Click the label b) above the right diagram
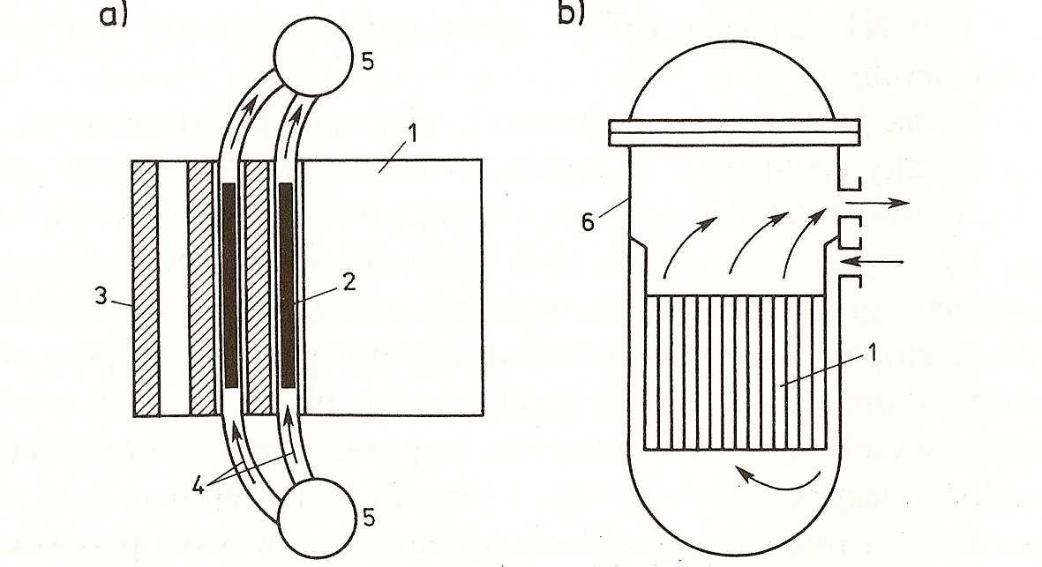click(x=571, y=12)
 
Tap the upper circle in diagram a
click(x=314, y=56)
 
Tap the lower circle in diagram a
click(x=317, y=518)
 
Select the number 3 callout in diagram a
click(x=101, y=296)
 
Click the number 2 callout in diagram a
click(x=349, y=283)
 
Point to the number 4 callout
click(x=198, y=486)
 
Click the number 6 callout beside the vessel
click(x=588, y=222)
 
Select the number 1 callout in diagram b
click(x=873, y=353)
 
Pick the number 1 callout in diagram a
click(x=413, y=133)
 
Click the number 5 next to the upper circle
click(x=368, y=62)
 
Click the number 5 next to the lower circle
click(x=369, y=518)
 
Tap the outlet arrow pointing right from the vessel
click(x=877, y=203)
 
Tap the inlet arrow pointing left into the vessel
click(x=872, y=261)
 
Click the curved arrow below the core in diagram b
click(x=777, y=480)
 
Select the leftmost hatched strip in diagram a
click(x=146, y=288)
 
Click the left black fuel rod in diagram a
click(x=230, y=286)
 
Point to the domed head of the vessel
click(x=731, y=80)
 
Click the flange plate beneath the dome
click(x=735, y=133)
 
